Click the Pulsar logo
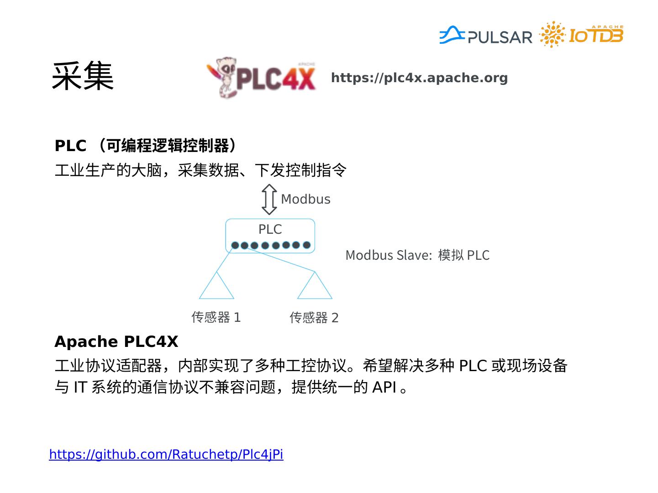(x=486, y=36)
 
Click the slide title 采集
(x=82, y=77)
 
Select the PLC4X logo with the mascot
(x=261, y=78)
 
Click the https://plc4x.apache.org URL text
(x=419, y=78)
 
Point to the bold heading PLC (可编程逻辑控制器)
(x=146, y=146)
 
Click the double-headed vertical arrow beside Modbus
(x=269, y=199)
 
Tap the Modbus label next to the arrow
(x=305, y=199)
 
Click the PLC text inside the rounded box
(x=270, y=229)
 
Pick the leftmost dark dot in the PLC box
(x=235, y=246)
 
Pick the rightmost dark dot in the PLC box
(x=306, y=245)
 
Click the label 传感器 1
(x=216, y=317)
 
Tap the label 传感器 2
(x=314, y=317)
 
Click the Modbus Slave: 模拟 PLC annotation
(x=417, y=255)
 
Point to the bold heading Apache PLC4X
(x=116, y=341)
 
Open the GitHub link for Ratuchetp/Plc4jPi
(x=166, y=454)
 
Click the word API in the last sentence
(x=384, y=387)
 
